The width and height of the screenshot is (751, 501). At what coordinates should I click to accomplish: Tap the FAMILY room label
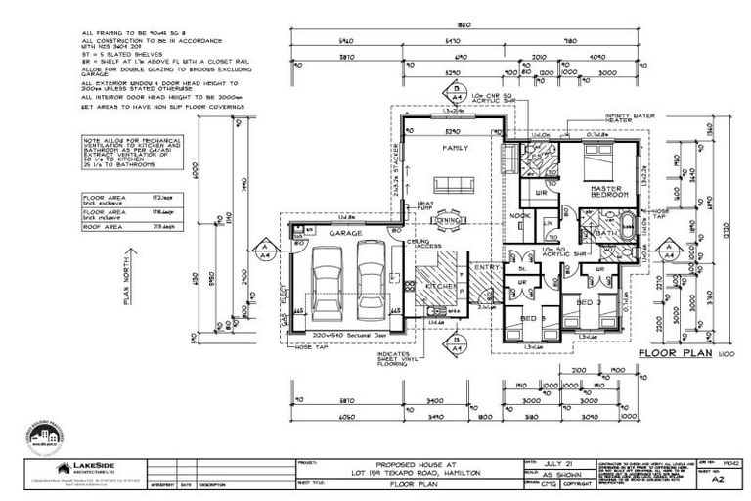tap(455, 148)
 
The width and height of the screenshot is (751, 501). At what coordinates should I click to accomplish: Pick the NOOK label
tap(520, 216)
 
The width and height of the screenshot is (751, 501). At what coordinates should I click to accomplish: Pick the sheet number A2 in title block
tap(717, 480)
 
